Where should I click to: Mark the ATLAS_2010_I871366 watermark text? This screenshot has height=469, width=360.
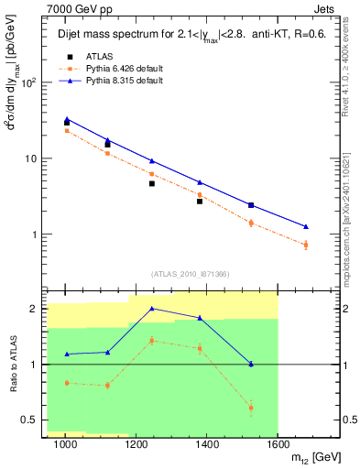[x=190, y=273]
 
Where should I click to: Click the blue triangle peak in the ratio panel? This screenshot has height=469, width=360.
[x=151, y=309]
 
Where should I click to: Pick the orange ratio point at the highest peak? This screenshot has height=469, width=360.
[x=151, y=340]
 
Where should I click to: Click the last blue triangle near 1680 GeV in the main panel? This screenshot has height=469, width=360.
[x=306, y=226]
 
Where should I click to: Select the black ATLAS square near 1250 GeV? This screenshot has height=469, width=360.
[x=151, y=183]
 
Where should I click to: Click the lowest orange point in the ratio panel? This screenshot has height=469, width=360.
[x=251, y=408]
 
